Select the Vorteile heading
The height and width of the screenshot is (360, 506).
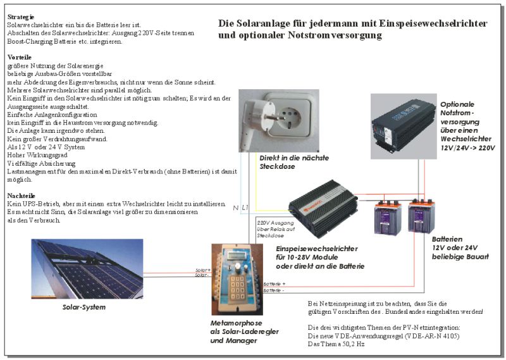(x=20, y=57)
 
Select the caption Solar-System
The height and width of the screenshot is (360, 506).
(x=83, y=307)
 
